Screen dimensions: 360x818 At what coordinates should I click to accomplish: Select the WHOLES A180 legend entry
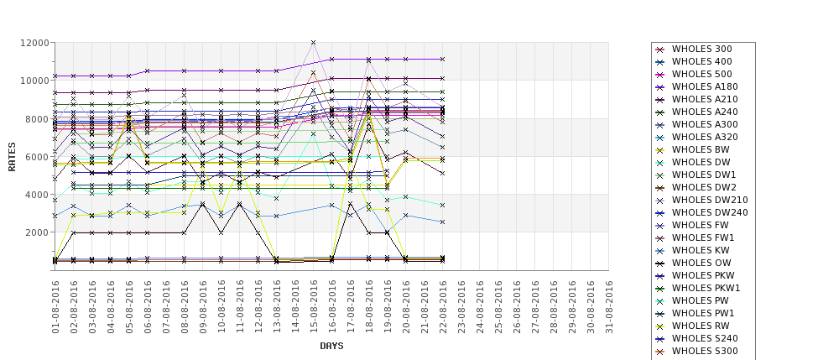pyautogui.click(x=705, y=86)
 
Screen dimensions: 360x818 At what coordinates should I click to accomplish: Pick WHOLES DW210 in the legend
pyautogui.click(x=710, y=200)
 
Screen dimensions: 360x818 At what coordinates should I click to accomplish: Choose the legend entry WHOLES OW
pyautogui.click(x=702, y=263)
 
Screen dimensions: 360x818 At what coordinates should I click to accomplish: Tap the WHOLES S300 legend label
pyautogui.click(x=705, y=351)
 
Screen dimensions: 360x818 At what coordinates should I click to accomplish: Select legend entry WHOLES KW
pyautogui.click(x=701, y=250)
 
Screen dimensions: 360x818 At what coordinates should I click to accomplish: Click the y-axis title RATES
pyautogui.click(x=12, y=156)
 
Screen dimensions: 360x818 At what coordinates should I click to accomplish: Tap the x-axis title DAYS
pyautogui.click(x=331, y=346)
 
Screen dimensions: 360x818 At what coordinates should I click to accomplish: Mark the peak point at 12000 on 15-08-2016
pyautogui.click(x=314, y=42)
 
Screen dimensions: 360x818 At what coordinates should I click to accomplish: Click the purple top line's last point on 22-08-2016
pyautogui.click(x=442, y=60)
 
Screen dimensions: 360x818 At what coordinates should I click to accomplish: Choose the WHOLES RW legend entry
pyautogui.click(x=701, y=326)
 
